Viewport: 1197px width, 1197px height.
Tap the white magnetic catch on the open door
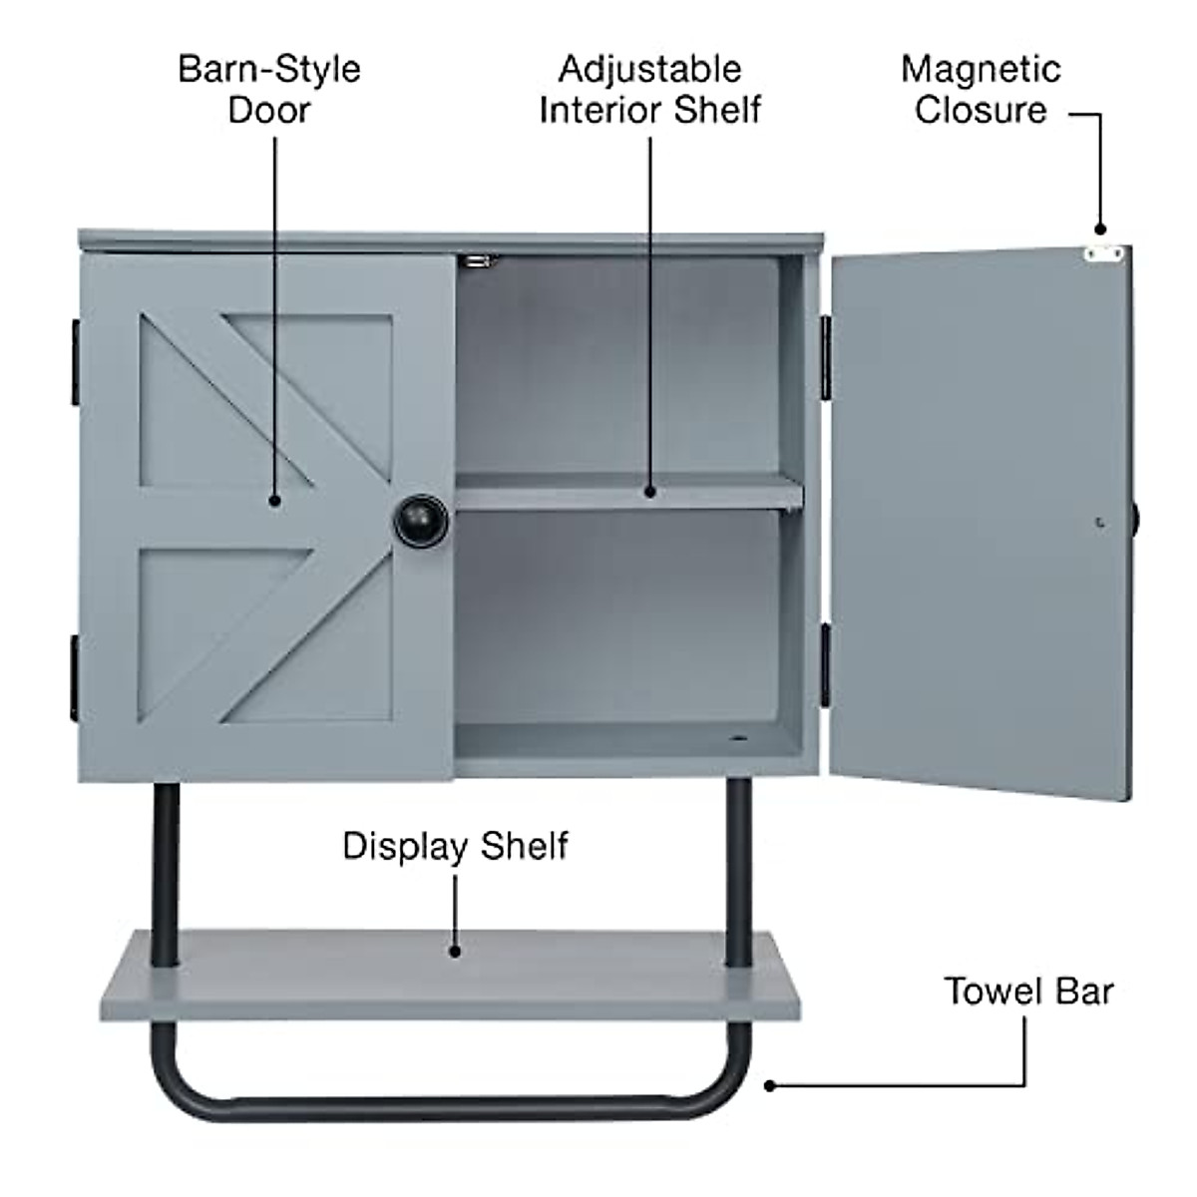pyautogui.click(x=1103, y=253)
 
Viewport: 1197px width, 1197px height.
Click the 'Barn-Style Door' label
pyautogui.click(x=268, y=89)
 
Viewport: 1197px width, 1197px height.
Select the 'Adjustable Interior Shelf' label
pyautogui.click(x=649, y=89)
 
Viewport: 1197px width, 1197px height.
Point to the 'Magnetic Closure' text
pyautogui.click(x=981, y=89)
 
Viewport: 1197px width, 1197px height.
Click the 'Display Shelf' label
pyautogui.click(x=455, y=846)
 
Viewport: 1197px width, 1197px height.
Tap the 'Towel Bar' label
pyautogui.click(x=1028, y=992)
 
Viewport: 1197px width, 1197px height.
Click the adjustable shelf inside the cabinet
pyautogui.click(x=628, y=492)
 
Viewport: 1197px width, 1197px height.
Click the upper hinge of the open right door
pyautogui.click(x=826, y=355)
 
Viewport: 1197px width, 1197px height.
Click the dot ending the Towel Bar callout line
pyautogui.click(x=769, y=1085)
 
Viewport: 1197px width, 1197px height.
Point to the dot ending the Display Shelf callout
pyautogui.click(x=455, y=951)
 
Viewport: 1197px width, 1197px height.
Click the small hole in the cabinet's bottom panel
pyautogui.click(x=739, y=740)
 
